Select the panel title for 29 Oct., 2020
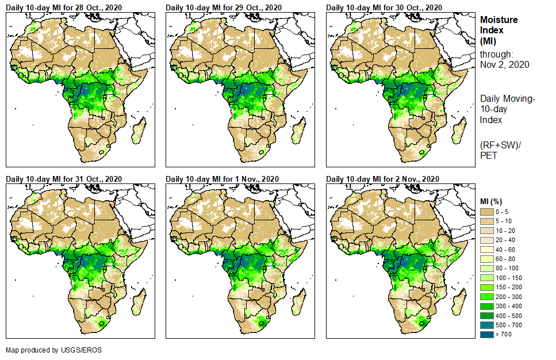(224, 7)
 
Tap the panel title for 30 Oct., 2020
(384, 7)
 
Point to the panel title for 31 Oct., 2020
(64, 179)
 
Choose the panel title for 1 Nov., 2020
(222, 179)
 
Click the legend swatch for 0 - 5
(486, 212)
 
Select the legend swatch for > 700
(486, 334)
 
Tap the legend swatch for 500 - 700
(486, 324)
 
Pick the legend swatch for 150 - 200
(486, 287)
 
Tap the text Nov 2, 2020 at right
(505, 65)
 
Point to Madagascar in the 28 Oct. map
(139, 131)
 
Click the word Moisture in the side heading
(499, 20)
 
